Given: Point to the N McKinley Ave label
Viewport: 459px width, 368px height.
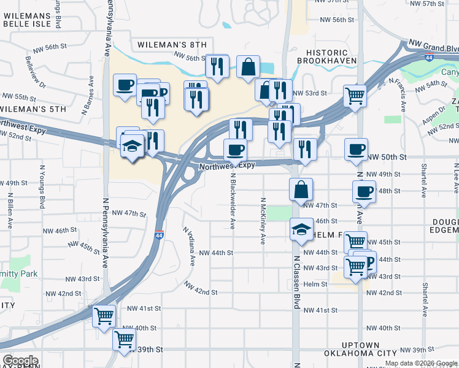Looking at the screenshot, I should click(263, 221).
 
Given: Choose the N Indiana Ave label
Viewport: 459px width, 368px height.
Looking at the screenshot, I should click(188, 245).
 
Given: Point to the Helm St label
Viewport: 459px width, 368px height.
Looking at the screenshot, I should click(315, 284).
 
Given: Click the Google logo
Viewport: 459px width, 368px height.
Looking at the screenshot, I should click(20, 361).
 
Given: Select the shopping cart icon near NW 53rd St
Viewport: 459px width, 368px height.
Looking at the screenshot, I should click(355, 95).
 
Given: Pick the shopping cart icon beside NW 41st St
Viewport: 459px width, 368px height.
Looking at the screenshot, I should click(104, 316).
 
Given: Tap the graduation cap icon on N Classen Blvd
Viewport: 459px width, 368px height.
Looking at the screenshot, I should click(300, 230).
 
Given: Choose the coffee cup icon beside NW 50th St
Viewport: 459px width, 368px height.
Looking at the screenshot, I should click(356, 149).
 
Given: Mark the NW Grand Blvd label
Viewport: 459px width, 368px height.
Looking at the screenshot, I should click(431, 48).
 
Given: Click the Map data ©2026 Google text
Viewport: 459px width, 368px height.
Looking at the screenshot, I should click(421, 363).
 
